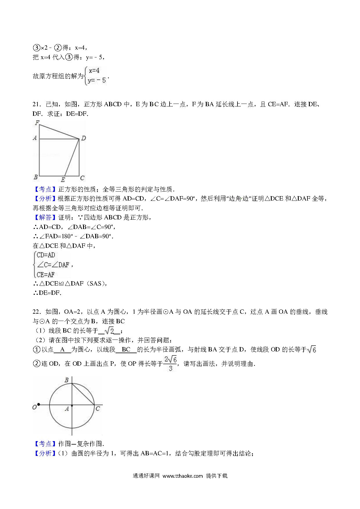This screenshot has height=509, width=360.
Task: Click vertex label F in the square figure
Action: point(37,123)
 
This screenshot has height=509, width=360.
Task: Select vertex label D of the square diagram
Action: point(83,138)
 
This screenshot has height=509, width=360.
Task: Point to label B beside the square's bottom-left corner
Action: point(36,177)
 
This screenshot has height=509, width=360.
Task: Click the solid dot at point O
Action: point(39,405)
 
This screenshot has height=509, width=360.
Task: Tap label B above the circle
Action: point(66,380)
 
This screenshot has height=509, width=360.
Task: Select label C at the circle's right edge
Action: point(98,409)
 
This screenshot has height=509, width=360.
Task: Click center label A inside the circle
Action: point(67,409)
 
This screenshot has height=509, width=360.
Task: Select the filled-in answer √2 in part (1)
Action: point(109,331)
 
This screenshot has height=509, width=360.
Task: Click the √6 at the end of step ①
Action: point(312,349)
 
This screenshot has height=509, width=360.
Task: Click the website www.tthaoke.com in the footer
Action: point(182,484)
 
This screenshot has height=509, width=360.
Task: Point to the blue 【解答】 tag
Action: point(43,217)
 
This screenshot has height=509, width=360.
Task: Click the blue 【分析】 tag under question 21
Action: point(43,198)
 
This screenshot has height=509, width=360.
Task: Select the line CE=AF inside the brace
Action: point(46,274)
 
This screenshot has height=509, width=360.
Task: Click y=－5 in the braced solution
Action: point(97,80)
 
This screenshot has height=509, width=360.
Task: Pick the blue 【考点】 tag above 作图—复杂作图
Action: point(43,444)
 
